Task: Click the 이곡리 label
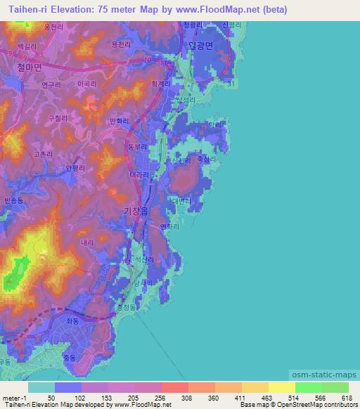pos(86,84)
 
